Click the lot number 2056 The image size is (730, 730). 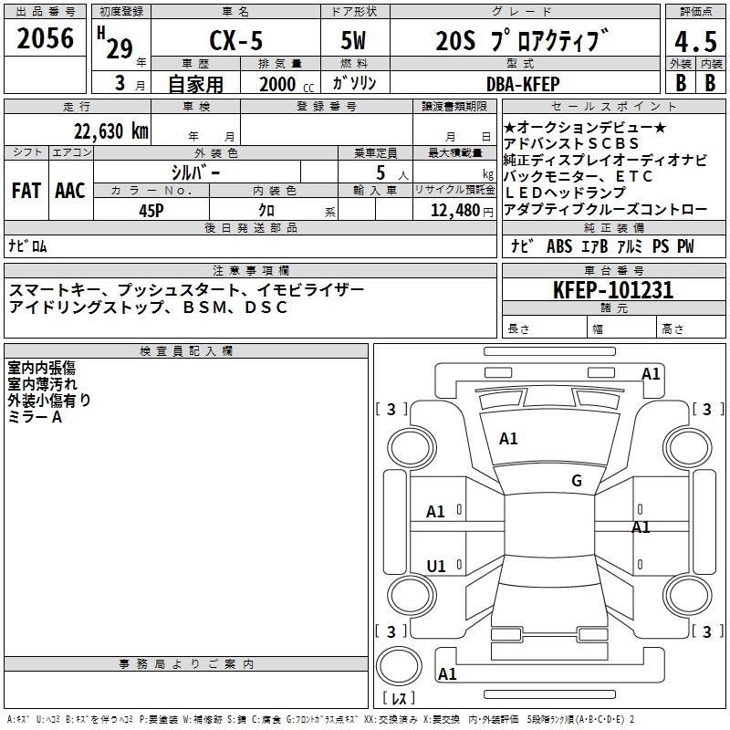46,40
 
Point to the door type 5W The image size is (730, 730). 353,43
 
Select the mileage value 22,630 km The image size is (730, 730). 110,130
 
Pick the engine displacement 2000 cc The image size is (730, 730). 279,84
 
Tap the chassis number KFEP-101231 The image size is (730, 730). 613,290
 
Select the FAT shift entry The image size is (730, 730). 26,191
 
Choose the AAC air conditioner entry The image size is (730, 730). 70,191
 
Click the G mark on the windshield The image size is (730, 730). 577,481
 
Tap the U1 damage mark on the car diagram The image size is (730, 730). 436,567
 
